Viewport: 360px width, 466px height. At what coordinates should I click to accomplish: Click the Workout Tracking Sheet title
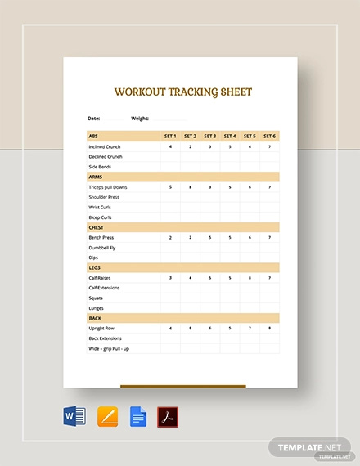point(182,92)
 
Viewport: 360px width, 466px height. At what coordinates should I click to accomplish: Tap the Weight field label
point(139,118)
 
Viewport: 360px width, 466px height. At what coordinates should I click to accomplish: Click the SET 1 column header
point(170,136)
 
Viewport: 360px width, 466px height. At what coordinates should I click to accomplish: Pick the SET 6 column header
point(269,136)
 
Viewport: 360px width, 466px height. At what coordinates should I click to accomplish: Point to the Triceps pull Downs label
point(108,187)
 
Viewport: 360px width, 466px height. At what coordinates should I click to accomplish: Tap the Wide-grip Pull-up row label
point(109,347)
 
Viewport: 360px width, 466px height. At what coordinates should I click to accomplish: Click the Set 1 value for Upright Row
point(170,328)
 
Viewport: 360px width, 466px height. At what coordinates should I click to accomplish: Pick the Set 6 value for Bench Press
point(269,237)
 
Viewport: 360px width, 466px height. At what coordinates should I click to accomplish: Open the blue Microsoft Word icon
point(74,418)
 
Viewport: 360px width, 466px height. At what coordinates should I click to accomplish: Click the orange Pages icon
point(107,418)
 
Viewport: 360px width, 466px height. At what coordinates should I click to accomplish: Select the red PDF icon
point(168,418)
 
